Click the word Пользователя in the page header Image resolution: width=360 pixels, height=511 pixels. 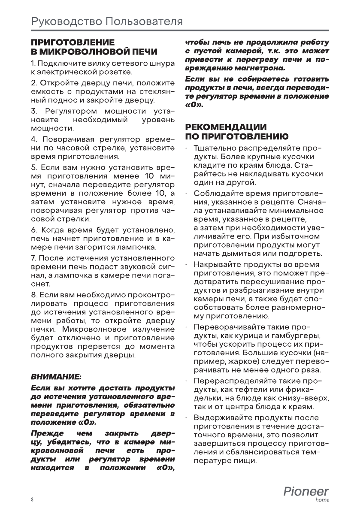pyautogui.click(x=144, y=21)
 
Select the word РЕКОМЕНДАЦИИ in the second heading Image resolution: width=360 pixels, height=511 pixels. pyautogui.click(x=226, y=127)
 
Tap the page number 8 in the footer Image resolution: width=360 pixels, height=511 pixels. pyautogui.click(x=32, y=500)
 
